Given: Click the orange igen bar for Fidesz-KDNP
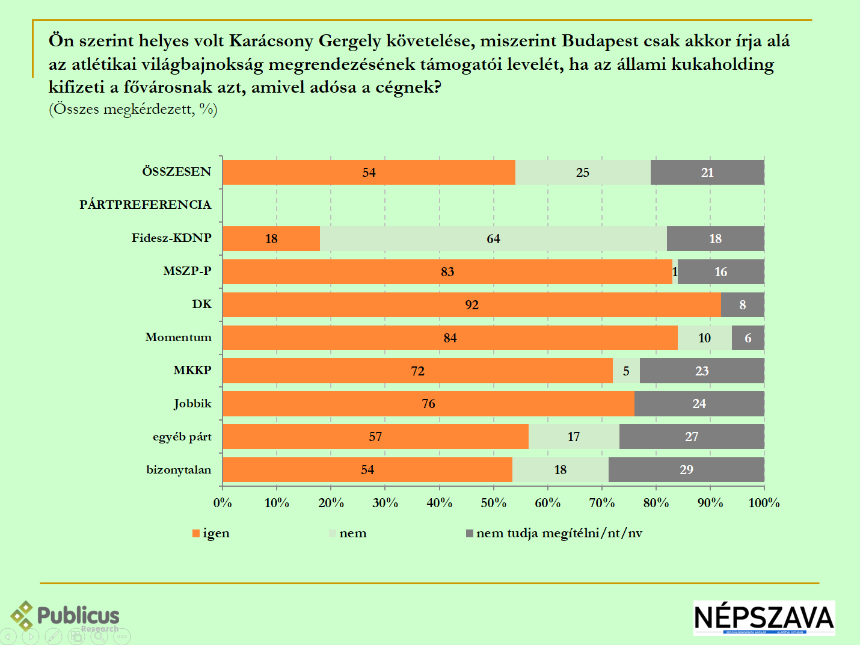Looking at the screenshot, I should click(x=271, y=239).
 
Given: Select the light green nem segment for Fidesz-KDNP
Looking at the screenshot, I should click(x=493, y=239).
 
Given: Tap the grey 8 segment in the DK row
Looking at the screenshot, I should click(x=742, y=305).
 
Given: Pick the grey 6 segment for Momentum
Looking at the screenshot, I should click(x=748, y=338).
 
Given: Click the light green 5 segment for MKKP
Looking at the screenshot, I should click(x=626, y=371).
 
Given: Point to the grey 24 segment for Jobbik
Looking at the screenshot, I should click(x=699, y=404).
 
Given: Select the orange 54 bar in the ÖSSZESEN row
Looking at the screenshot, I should click(x=369, y=173).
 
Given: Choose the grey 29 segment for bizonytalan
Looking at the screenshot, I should click(x=686, y=470).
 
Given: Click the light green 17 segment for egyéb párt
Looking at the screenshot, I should click(x=574, y=437).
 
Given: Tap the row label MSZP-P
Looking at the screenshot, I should click(x=187, y=271).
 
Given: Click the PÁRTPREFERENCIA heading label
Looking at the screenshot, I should click(x=146, y=205).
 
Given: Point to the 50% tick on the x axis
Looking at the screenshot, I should click(x=493, y=503).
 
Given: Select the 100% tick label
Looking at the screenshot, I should click(x=764, y=503).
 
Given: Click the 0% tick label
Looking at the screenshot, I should click(x=223, y=503).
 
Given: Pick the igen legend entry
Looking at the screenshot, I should click(x=211, y=533).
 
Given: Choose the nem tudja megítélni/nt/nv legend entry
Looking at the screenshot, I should click(x=554, y=533).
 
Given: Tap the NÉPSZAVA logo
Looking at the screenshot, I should click(x=764, y=617).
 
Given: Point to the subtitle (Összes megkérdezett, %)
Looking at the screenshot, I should click(x=133, y=109).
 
